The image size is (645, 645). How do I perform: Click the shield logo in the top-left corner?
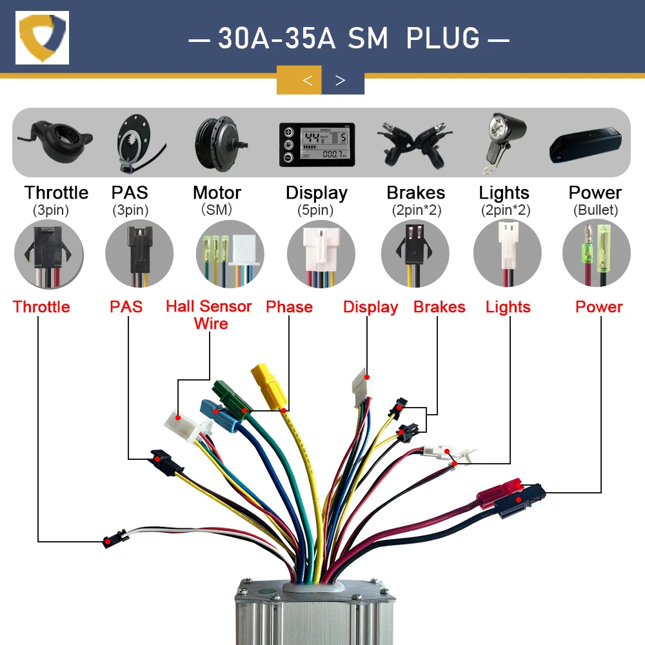[43, 37]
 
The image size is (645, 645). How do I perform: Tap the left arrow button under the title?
[308, 81]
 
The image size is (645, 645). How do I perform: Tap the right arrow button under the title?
[341, 81]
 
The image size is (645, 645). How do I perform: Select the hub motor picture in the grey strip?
[218, 141]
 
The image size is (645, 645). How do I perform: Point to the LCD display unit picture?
[317, 143]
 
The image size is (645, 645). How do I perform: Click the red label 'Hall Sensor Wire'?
[208, 314]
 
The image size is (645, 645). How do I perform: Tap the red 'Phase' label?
[289, 306]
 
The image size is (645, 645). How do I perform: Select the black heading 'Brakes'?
[415, 193]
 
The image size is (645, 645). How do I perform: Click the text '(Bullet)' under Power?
[595, 210]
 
